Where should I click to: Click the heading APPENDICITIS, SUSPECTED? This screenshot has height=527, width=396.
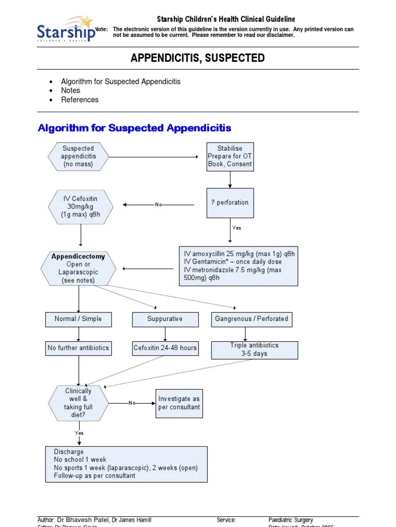pyautogui.click(x=198, y=58)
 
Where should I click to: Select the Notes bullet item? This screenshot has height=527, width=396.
pyautogui.click(x=71, y=91)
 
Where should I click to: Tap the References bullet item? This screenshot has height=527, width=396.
pyautogui.click(x=79, y=100)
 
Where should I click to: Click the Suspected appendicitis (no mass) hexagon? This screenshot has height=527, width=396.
pyautogui.click(x=78, y=156)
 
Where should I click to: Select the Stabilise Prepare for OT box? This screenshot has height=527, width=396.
pyautogui.click(x=230, y=156)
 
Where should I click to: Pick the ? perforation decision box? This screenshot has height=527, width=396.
pyautogui.click(x=229, y=203)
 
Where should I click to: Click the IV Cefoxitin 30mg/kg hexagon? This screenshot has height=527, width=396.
pyautogui.click(x=80, y=207)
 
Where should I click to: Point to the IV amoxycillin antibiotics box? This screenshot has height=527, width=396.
pyautogui.click(x=238, y=266)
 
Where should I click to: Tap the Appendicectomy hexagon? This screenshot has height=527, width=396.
pyautogui.click(x=78, y=268)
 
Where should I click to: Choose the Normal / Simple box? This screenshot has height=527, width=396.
pyautogui.click(x=78, y=319)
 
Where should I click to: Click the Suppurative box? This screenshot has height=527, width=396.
pyautogui.click(x=165, y=319)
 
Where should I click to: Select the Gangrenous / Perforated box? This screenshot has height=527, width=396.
pyautogui.click(x=252, y=319)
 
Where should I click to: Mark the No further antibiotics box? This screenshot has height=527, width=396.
pyautogui.click(x=78, y=348)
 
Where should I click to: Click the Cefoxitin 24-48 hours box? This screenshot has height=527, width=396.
pyautogui.click(x=165, y=348)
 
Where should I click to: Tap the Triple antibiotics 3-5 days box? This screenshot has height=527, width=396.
pyautogui.click(x=254, y=350)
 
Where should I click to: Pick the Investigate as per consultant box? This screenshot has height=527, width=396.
pyautogui.click(x=179, y=403)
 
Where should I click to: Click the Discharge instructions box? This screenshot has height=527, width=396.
pyautogui.click(x=126, y=464)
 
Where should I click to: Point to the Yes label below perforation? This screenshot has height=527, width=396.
pyautogui.click(x=236, y=228)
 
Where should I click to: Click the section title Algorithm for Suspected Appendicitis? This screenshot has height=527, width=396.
pyautogui.click(x=135, y=128)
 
